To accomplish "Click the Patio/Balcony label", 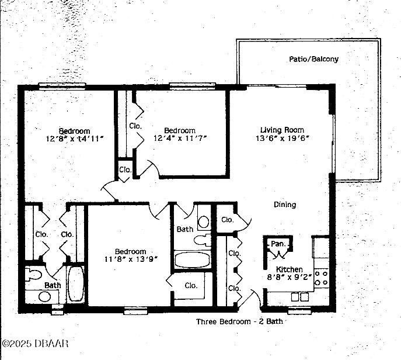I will (313, 59).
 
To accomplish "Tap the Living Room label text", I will (282, 130).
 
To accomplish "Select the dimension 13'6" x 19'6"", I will (282, 139).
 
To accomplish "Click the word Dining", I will (285, 205).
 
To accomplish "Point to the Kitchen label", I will (289, 269).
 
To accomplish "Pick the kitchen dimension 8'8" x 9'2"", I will (290, 278).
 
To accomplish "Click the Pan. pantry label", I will (276, 244).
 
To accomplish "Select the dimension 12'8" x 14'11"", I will (74, 139).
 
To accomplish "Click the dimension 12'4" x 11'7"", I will (179, 139).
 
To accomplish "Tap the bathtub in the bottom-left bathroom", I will (76, 284).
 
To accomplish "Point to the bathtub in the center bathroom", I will (192, 261).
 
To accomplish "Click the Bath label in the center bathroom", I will (185, 230).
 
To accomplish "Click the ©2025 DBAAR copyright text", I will (35, 343).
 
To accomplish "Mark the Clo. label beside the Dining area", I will (228, 220).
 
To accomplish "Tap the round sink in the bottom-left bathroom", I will (44, 296).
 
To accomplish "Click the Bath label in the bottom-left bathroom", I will (52, 285).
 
